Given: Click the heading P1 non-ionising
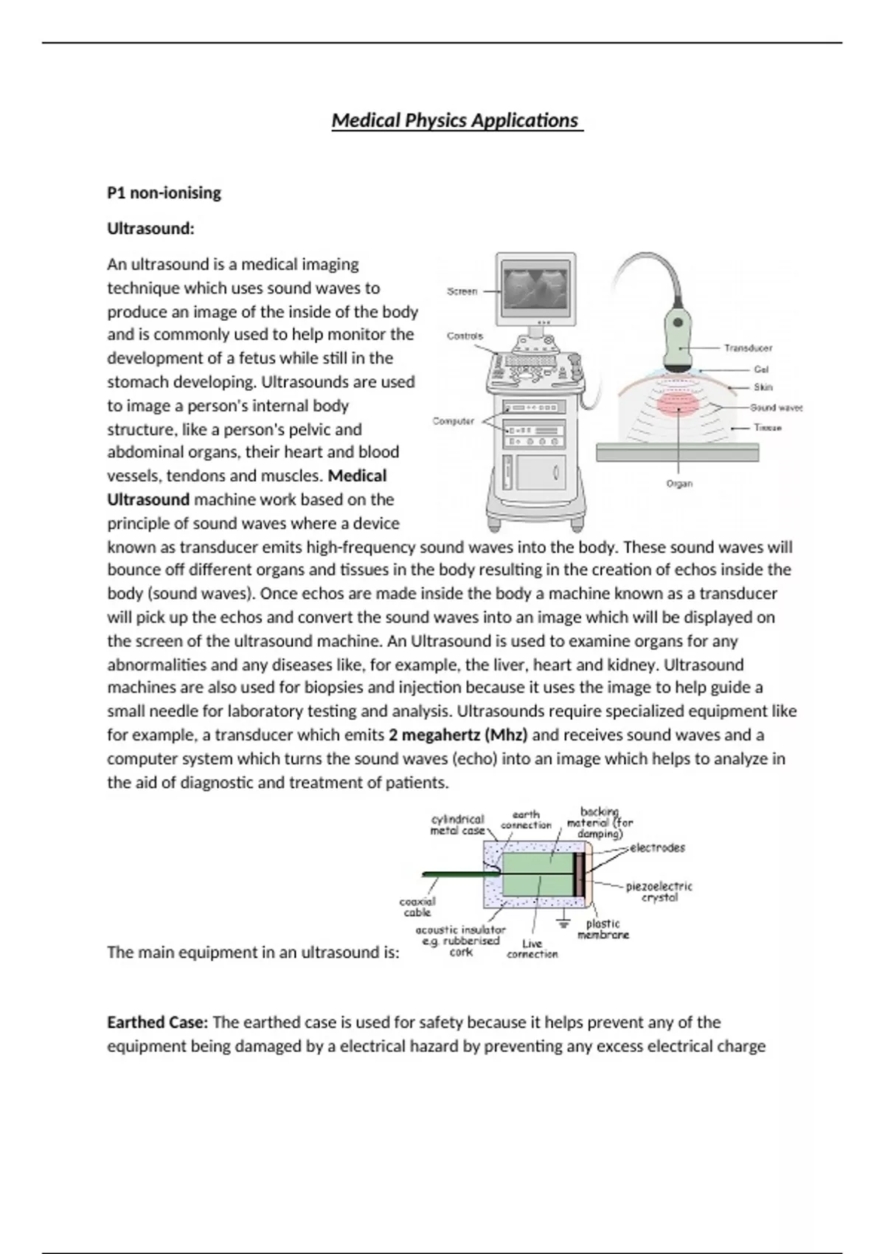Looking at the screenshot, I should tap(164, 193).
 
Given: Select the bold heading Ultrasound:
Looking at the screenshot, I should tap(150, 229).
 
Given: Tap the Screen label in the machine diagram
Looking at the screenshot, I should tap(462, 291).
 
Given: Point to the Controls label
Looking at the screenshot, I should tap(465, 336).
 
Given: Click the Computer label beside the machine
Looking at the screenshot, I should tap(453, 421).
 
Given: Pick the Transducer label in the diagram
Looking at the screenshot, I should tap(748, 347).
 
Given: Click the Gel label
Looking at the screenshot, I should tap(761, 369).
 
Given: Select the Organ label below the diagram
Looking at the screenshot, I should tap(679, 484).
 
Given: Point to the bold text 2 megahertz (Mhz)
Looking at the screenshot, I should tap(458, 735).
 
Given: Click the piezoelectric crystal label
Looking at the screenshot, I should tap(659, 892).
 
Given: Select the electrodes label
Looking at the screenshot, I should tap(657, 848).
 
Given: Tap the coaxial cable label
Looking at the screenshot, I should tap(417, 907).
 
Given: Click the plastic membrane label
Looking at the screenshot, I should tap(603, 929).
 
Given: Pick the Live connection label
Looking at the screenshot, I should tap(532, 949).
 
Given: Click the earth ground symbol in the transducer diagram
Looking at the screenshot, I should tap(564, 922).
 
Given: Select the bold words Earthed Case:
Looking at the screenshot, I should tap(157, 1022).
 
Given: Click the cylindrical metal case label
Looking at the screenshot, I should tap(457, 825).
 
